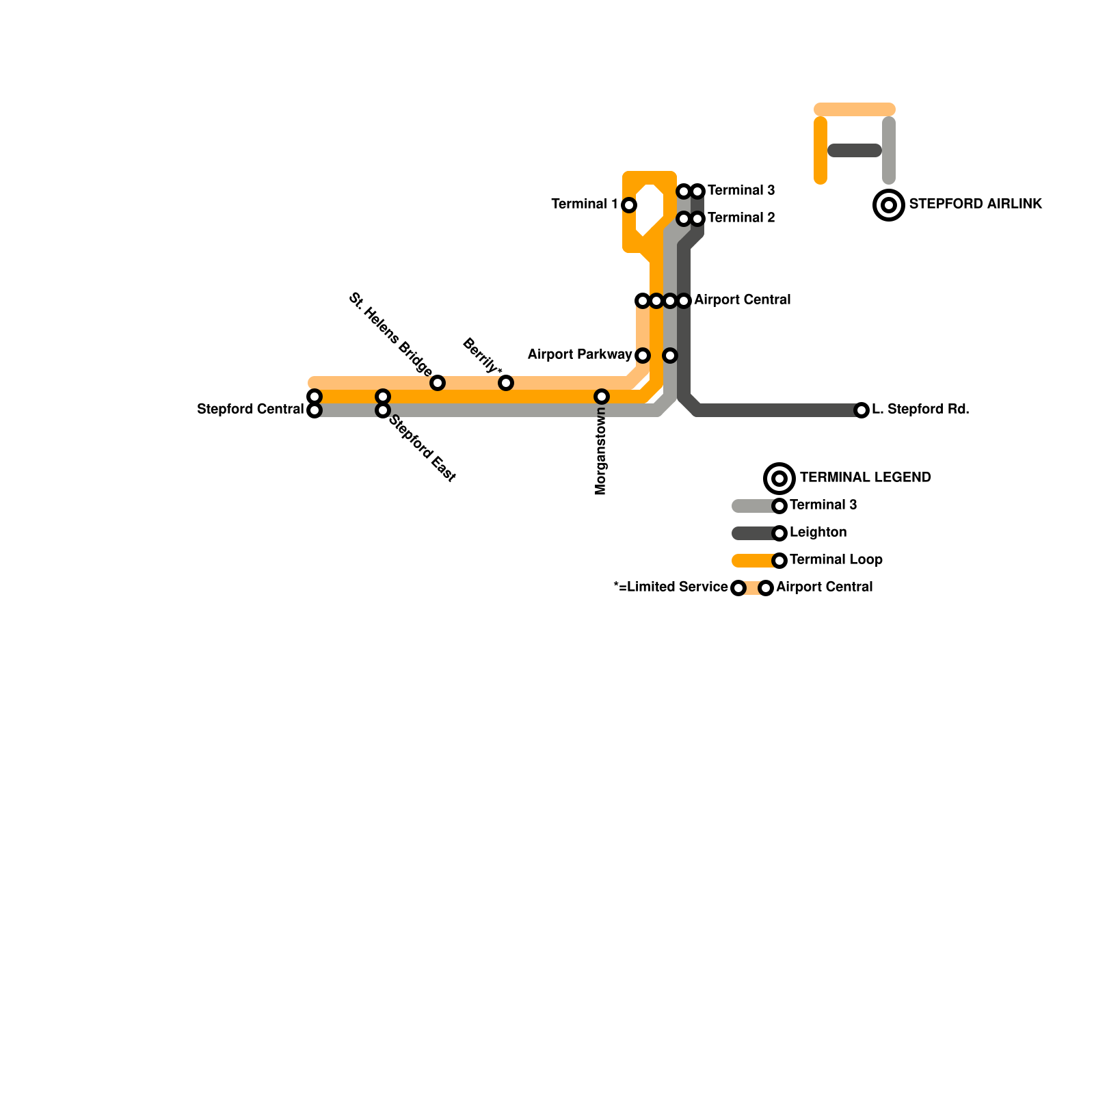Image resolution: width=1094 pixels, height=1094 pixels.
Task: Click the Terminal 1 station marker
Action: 629,204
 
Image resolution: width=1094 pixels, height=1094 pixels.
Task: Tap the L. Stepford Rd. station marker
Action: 862,410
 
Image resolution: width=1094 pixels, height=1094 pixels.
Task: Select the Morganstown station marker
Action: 602,397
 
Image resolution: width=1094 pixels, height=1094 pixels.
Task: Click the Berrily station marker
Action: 506,383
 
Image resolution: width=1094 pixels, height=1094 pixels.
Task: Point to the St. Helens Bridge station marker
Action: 438,383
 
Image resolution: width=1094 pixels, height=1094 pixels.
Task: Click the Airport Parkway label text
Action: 579,354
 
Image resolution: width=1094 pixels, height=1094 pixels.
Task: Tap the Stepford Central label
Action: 250,410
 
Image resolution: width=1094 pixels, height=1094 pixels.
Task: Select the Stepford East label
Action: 422,449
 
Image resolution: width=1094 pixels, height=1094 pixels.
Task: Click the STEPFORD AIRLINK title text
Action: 975,204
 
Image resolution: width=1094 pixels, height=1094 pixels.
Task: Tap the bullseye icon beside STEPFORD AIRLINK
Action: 889,204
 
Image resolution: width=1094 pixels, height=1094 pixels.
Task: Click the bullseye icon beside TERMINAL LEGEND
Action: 779,478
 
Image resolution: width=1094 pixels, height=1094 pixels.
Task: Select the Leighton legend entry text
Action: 818,532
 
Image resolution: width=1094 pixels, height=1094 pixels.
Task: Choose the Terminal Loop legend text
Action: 836,559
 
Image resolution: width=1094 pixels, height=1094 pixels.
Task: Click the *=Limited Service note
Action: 671,587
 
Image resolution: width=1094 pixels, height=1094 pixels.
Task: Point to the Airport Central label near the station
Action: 742,299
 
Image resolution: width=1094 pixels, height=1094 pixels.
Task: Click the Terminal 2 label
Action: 741,217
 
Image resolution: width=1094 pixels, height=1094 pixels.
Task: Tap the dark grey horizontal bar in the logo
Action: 855,150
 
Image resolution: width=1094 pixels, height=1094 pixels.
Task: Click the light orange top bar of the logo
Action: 855,109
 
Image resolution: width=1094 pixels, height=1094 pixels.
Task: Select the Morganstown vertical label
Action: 601,451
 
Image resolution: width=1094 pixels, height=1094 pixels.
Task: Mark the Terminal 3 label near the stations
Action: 741,190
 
